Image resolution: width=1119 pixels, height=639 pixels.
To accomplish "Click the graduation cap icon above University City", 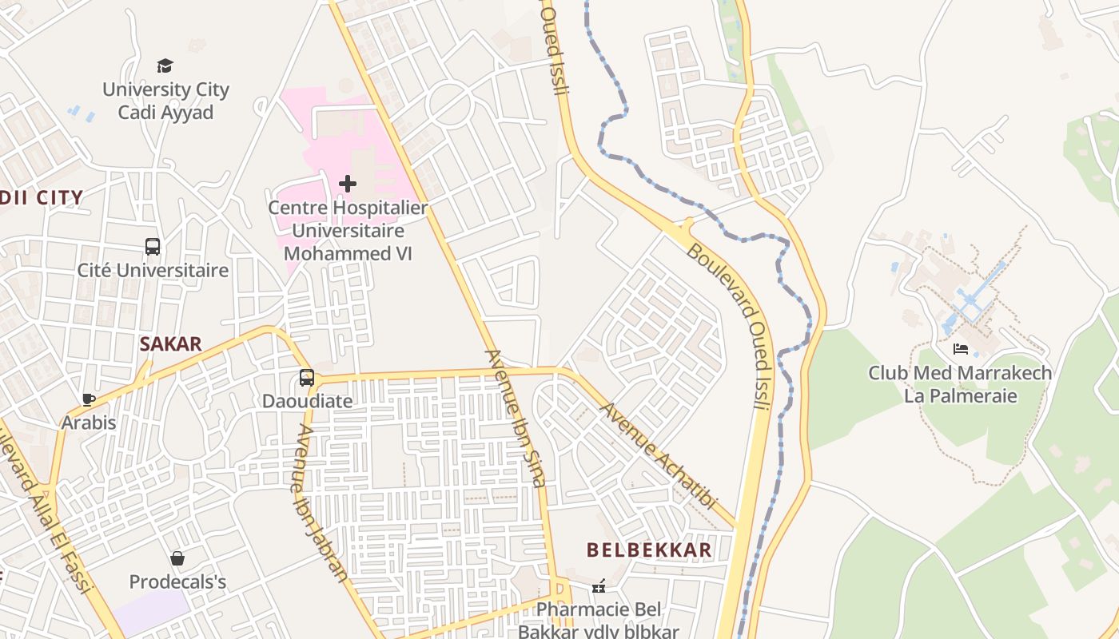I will click(165, 65).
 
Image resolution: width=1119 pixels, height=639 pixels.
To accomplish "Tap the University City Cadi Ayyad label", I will click(165, 101).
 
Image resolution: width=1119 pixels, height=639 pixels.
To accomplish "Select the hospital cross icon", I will click(348, 184).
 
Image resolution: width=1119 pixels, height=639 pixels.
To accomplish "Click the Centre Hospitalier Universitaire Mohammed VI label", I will click(348, 231).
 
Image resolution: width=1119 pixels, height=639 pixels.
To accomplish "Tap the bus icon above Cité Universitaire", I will click(153, 247).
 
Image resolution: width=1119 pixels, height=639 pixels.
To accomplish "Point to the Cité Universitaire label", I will click(153, 271).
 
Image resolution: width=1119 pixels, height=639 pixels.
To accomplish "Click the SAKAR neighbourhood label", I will click(170, 344).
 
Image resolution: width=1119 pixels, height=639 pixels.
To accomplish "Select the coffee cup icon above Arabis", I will click(89, 399).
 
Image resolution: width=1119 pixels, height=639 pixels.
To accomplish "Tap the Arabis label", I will click(89, 423).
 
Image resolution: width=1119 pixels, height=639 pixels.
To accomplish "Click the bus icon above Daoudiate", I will click(307, 378).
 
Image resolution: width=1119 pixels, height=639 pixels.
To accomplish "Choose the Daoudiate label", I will click(307, 401).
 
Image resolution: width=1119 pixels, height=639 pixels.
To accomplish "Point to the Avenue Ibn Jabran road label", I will click(321, 502).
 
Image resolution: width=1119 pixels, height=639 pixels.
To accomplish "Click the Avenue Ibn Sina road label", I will click(516, 418).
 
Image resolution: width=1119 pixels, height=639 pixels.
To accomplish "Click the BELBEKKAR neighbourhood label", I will click(649, 550).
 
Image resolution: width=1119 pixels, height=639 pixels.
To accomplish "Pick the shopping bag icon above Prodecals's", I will click(177, 558).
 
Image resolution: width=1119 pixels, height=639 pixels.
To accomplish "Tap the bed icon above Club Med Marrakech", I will click(961, 349).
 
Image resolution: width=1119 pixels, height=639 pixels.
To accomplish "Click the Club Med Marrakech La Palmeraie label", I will click(960, 384).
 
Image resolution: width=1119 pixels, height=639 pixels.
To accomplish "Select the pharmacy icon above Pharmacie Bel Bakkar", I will click(599, 587).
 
